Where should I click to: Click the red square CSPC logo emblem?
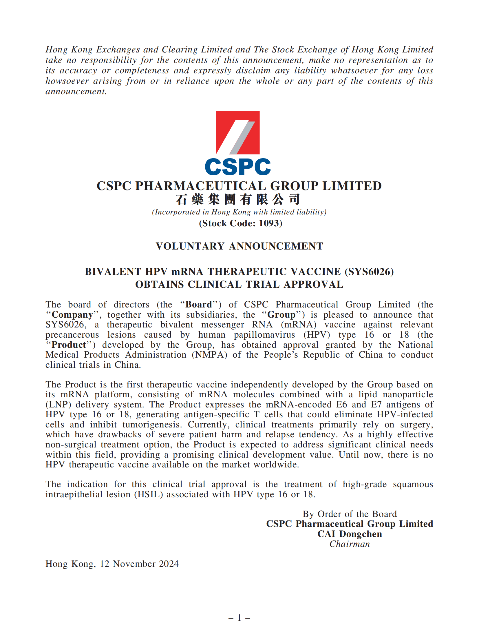point(238,132)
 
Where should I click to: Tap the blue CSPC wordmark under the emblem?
point(238,167)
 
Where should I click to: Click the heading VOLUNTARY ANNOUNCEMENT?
point(239,246)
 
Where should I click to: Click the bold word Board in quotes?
point(199,305)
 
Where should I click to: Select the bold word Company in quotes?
point(72,315)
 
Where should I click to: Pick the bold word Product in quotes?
point(69,345)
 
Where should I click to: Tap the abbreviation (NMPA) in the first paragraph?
point(209,355)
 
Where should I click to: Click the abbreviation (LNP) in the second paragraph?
point(58,405)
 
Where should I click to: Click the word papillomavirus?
point(264,335)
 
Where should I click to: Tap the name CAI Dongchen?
point(350,534)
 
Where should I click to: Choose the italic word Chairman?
point(350,544)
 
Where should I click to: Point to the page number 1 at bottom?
point(239,618)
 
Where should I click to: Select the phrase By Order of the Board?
point(350,514)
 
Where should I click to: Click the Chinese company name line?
point(238,199)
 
